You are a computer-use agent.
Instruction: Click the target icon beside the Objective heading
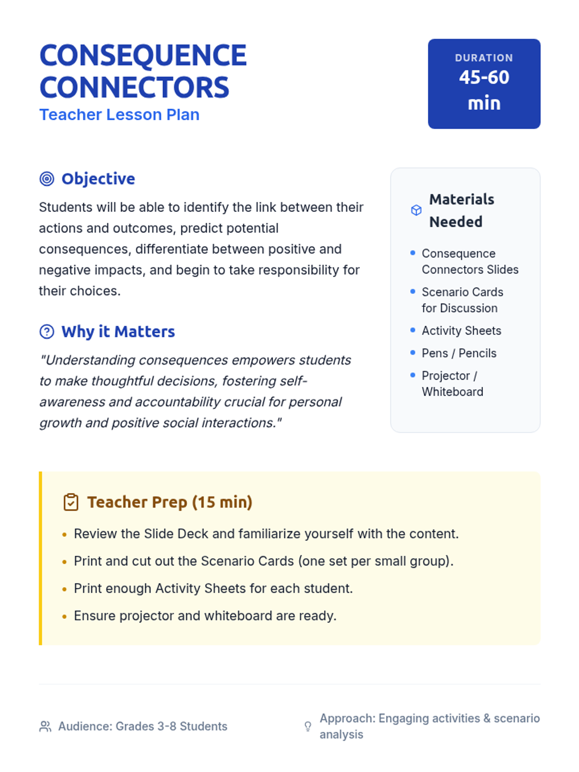click(47, 179)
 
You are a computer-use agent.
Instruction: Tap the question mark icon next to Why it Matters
click(47, 331)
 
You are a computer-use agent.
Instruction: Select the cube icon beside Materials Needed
click(416, 210)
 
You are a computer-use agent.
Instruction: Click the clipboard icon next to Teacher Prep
click(71, 502)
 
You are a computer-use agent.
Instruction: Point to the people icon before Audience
click(45, 726)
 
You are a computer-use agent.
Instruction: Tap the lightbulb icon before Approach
click(308, 726)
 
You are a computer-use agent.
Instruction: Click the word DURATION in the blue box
click(483, 58)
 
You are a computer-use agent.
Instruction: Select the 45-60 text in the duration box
click(484, 77)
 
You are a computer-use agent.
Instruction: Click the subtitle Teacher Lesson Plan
click(119, 115)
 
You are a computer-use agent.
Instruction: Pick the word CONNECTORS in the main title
click(134, 87)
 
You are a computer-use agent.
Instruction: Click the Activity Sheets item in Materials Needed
click(461, 331)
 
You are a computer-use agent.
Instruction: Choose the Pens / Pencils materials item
click(459, 353)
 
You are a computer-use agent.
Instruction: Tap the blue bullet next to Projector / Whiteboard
click(413, 375)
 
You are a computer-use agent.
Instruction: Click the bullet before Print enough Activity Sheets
click(64, 589)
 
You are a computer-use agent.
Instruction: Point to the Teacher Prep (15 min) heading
click(169, 502)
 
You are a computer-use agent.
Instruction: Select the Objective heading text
click(98, 179)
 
